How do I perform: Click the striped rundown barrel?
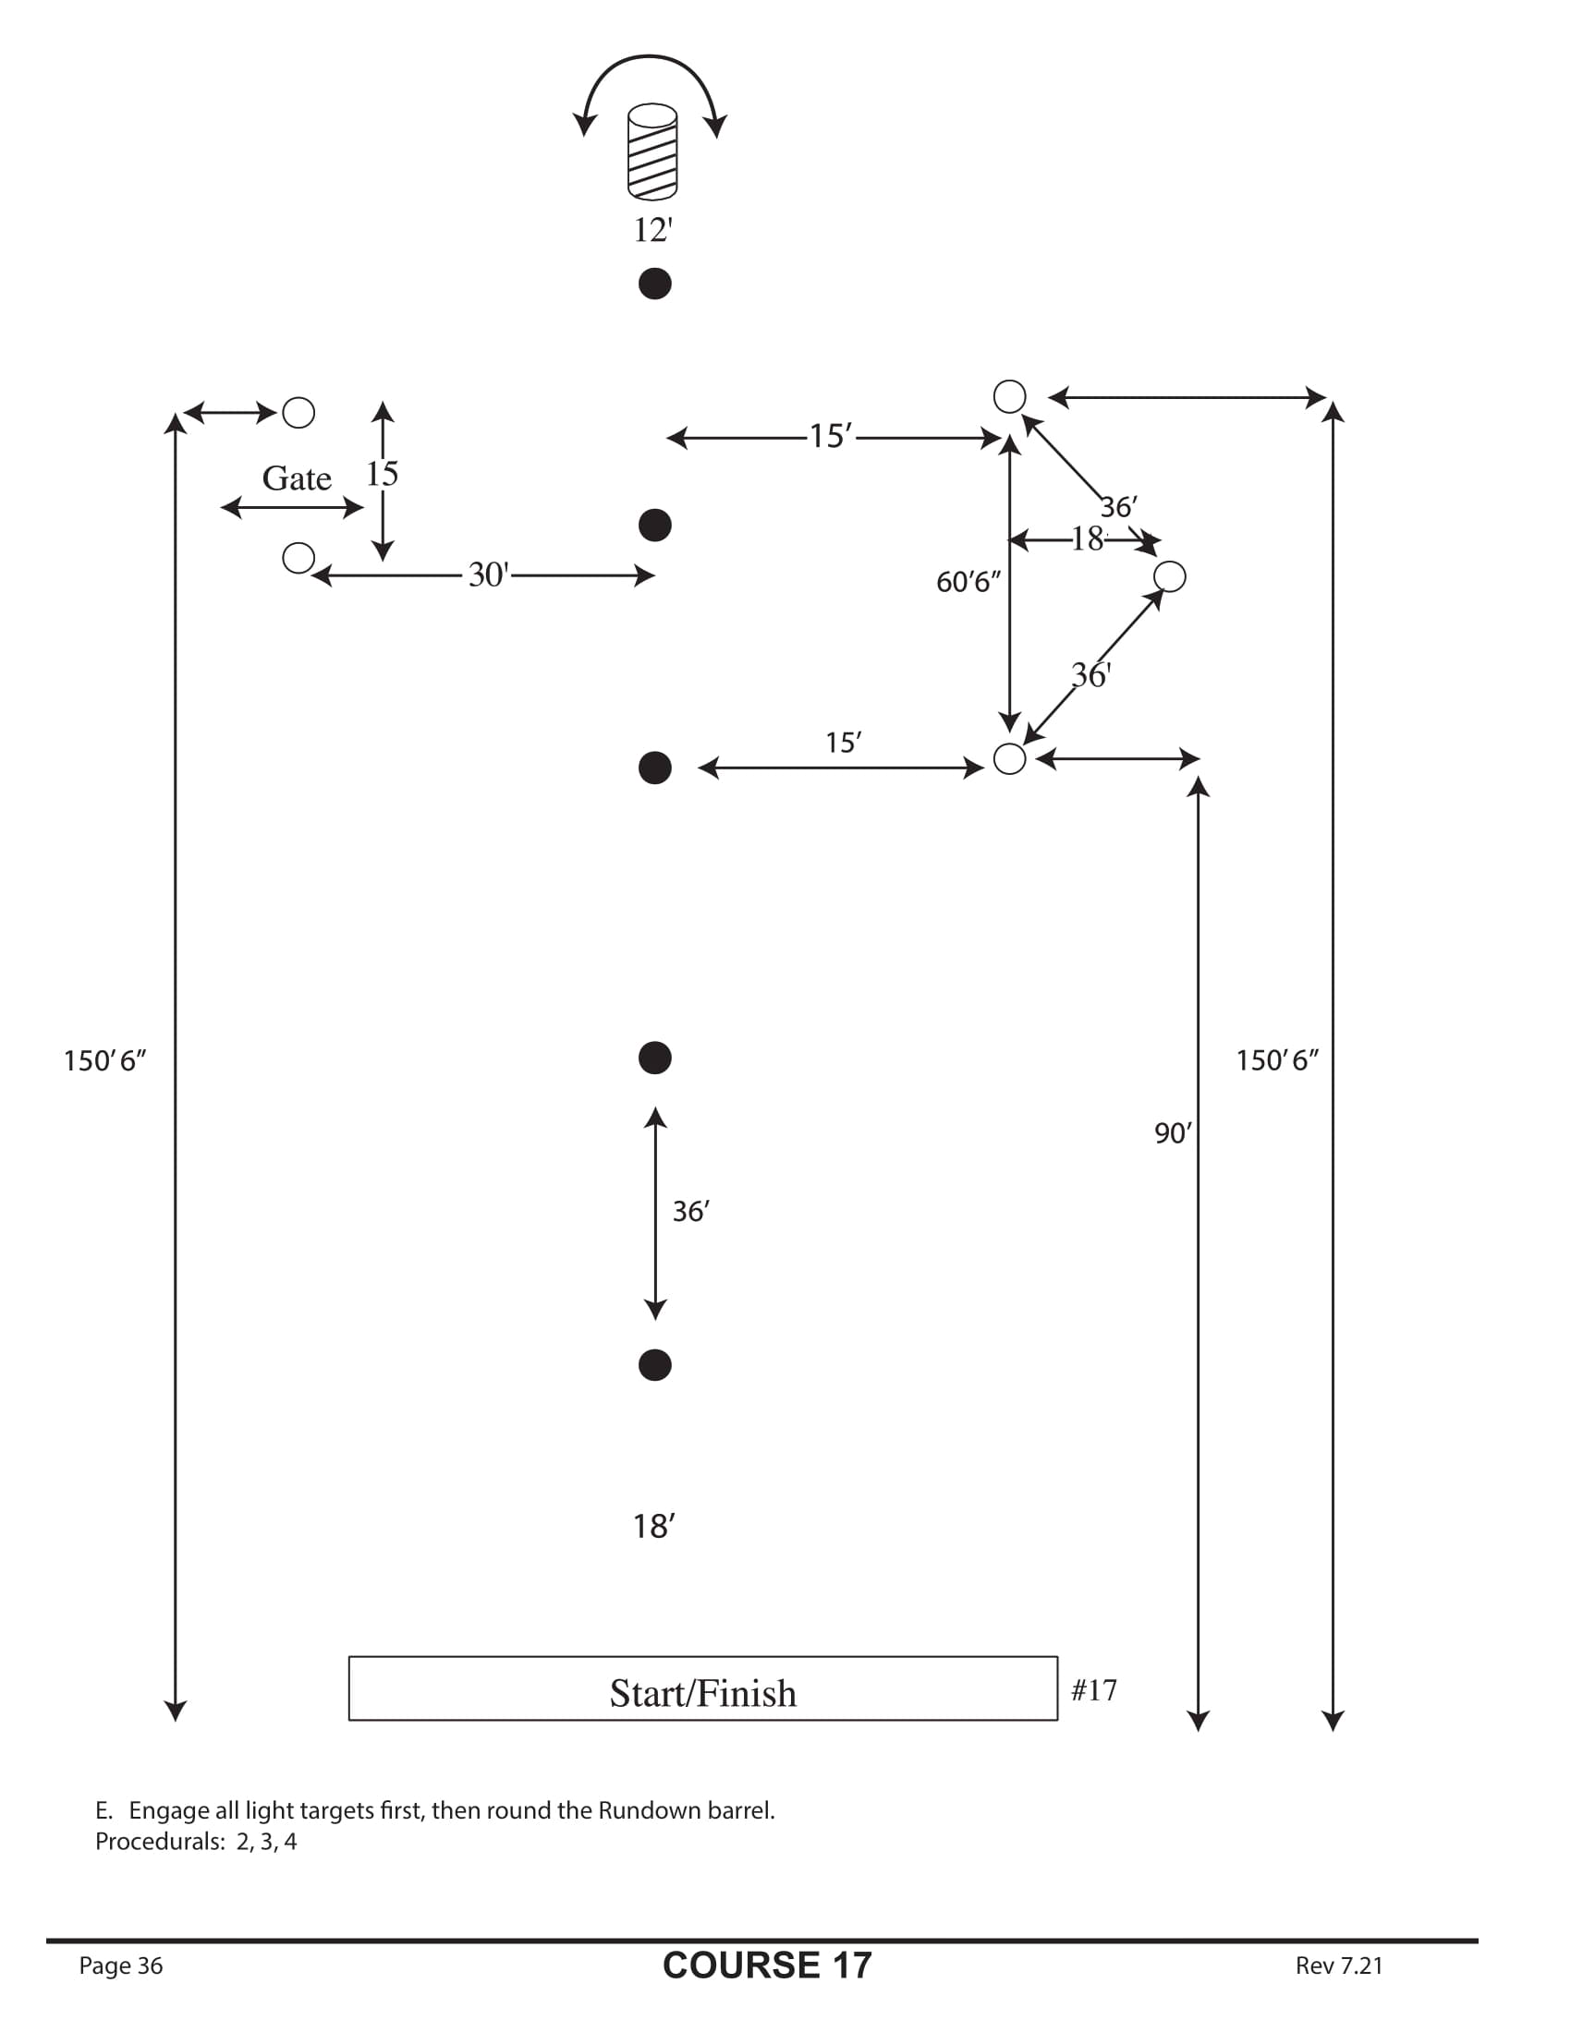pos(652,151)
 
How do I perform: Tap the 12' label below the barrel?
pos(652,230)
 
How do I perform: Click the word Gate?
pos(296,478)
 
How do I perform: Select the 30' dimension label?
pos(488,575)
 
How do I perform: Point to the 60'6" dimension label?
pos(968,583)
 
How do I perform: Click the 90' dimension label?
pos(1173,1133)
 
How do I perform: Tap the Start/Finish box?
pos(702,1692)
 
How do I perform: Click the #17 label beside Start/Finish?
pos(1093,1689)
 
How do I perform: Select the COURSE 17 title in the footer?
pos(767,1965)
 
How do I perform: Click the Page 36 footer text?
pos(121,1965)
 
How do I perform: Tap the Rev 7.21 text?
pos(1338,1965)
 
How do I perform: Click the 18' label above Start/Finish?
pos(653,1527)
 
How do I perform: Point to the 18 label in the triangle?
pos(1086,538)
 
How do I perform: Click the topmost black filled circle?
pos(655,284)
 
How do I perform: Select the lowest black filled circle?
pos(655,1365)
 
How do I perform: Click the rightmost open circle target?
pos(1170,577)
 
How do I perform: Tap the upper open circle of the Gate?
pos(298,412)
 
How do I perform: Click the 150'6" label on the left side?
pos(104,1060)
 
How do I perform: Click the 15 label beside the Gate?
pos(382,474)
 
